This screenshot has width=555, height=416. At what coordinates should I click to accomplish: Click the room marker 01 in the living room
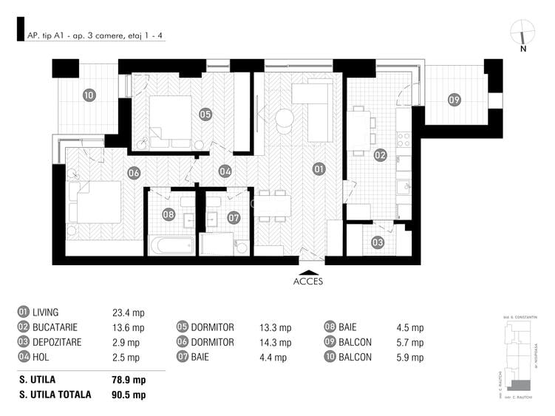[x=319, y=168]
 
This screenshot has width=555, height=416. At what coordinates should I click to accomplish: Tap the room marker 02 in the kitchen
[x=380, y=155]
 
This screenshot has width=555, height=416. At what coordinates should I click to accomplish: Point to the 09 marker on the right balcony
[x=454, y=100]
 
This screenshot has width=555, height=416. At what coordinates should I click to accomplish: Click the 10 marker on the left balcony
[x=89, y=95]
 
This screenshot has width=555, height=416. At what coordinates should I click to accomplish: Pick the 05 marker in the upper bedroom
[x=205, y=114]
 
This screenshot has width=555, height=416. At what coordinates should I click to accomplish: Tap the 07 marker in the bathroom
[x=234, y=217]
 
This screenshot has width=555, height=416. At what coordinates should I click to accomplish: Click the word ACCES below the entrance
[x=308, y=281]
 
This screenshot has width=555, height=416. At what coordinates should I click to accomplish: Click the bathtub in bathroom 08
[x=171, y=245]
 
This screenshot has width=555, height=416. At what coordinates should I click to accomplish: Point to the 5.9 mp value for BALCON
[x=410, y=358]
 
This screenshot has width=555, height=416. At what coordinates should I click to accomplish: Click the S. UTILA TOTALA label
[x=55, y=395]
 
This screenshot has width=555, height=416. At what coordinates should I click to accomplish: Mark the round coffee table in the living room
[x=285, y=118]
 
